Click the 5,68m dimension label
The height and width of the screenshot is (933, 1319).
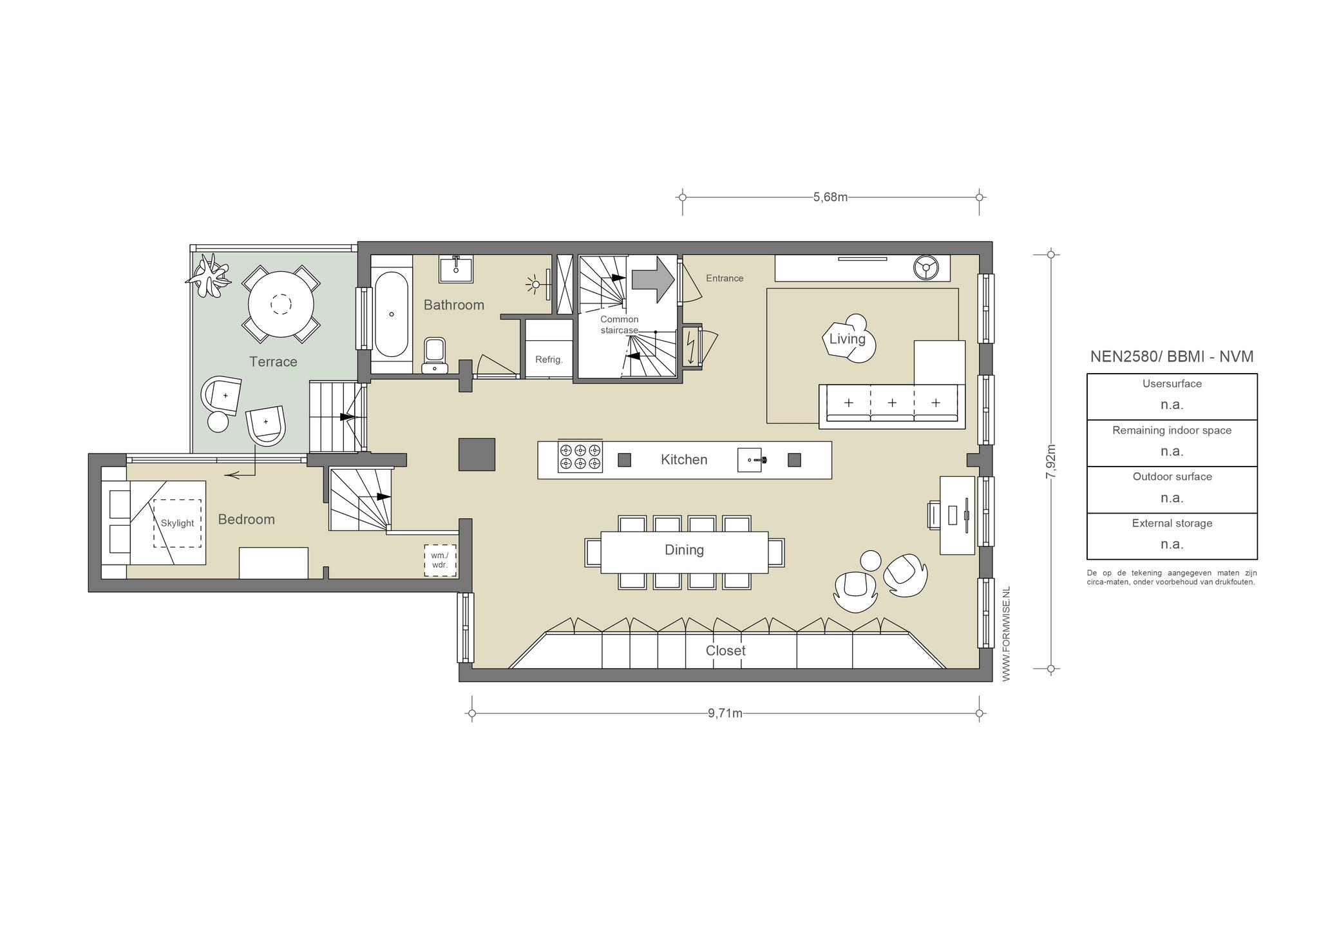coord(830,197)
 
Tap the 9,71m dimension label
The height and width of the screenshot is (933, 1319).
coord(725,713)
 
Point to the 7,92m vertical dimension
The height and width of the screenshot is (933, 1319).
coord(1050,461)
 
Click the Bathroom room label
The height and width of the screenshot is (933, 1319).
coord(454,305)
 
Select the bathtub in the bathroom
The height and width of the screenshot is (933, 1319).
coord(392,314)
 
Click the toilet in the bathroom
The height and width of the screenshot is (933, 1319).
coord(435,355)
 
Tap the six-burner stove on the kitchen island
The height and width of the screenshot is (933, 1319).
coord(580,457)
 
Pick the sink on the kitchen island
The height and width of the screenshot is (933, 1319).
coord(750,460)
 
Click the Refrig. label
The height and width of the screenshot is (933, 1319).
coord(549,360)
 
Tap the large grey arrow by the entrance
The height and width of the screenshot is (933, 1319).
coord(652,279)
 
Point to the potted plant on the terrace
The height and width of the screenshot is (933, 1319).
coord(208,276)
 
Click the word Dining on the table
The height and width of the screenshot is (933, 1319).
coord(684,550)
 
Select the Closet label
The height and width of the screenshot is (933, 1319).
coord(726,651)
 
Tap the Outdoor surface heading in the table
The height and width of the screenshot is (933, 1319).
coord(1172,477)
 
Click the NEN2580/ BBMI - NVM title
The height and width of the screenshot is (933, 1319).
coord(1172,356)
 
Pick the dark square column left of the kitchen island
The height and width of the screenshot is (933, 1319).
coord(477,454)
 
